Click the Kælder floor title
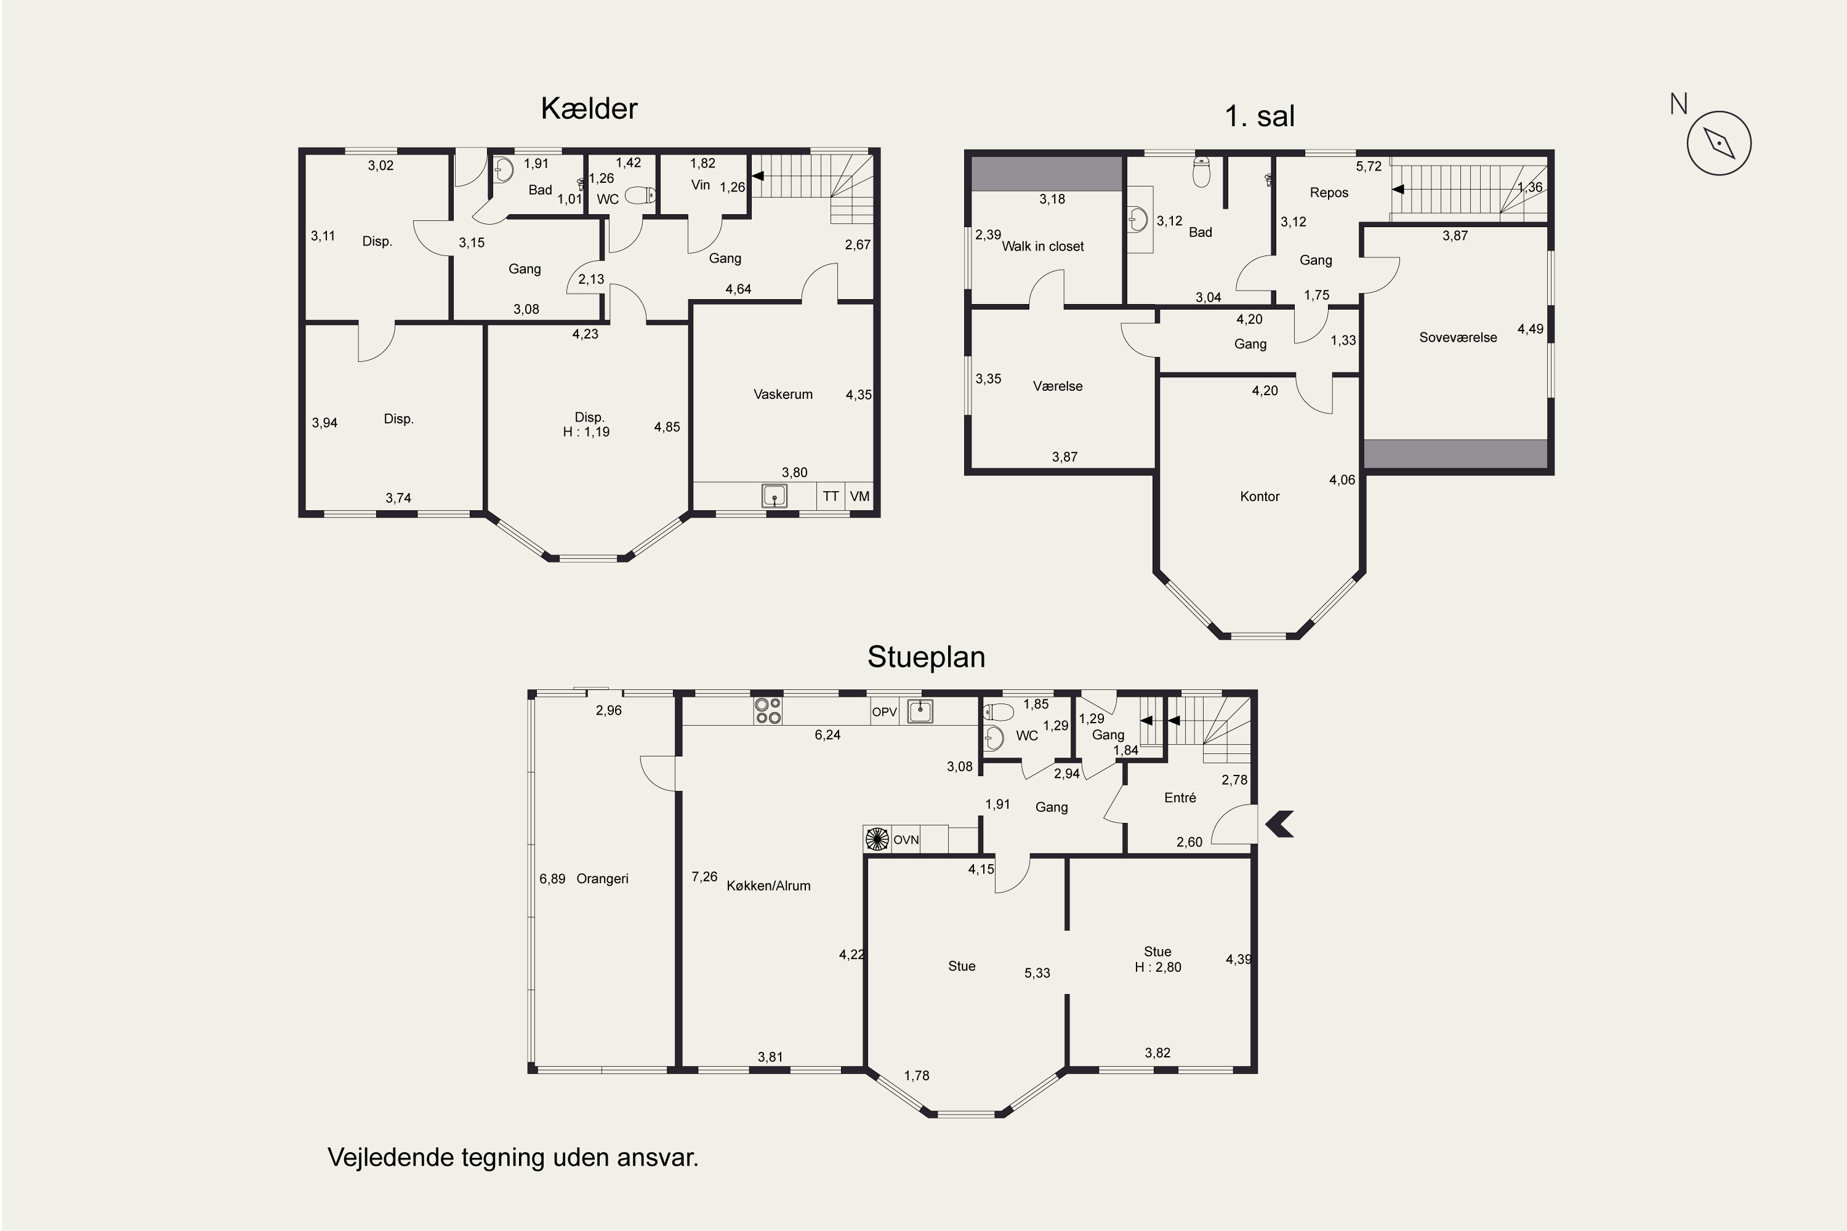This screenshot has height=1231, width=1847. tap(589, 108)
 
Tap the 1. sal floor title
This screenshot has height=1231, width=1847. tap(1260, 116)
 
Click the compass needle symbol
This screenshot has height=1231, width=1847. tap(1719, 143)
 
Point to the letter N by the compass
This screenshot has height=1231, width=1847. tap(1679, 103)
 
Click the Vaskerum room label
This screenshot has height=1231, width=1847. tap(783, 394)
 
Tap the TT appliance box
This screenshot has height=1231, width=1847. tap(831, 496)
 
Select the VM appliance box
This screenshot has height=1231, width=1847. tap(860, 496)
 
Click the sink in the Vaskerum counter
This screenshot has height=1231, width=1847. tap(775, 496)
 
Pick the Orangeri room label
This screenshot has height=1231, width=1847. tap(602, 878)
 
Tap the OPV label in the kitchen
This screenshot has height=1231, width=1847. tap(884, 712)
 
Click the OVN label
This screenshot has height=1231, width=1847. tap(906, 840)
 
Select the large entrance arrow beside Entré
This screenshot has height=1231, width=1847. tap(1280, 824)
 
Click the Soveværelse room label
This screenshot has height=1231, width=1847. tap(1457, 337)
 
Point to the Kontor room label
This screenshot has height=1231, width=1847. tap(1260, 496)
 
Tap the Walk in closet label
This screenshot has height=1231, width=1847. tap(1043, 247)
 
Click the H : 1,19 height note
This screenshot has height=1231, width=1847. tap(586, 432)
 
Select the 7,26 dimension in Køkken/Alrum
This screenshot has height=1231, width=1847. tap(704, 877)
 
